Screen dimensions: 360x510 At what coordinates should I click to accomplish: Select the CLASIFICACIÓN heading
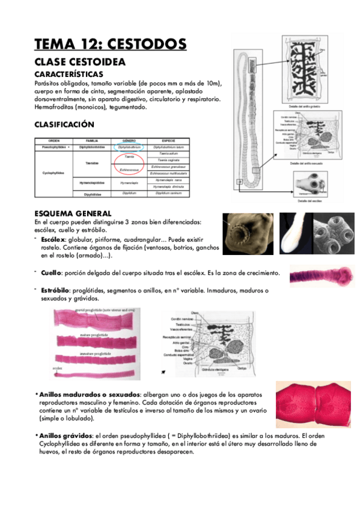coord(64,124)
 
